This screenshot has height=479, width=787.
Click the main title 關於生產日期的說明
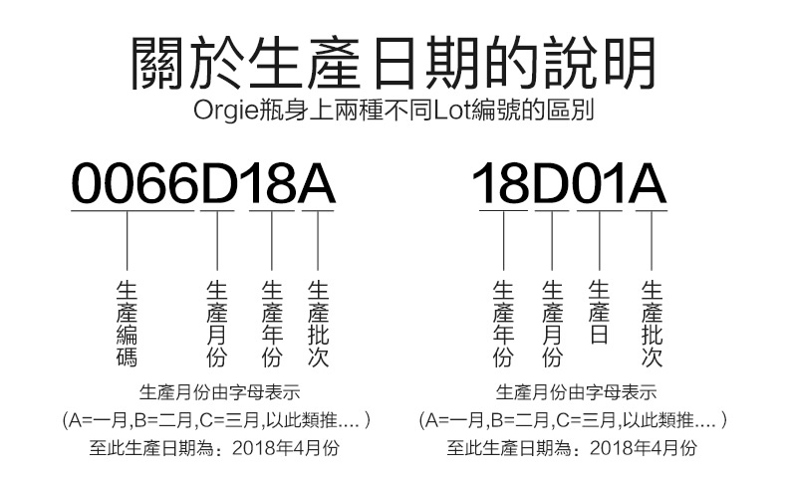pos(393,62)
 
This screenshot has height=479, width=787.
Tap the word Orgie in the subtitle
pos(223,108)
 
